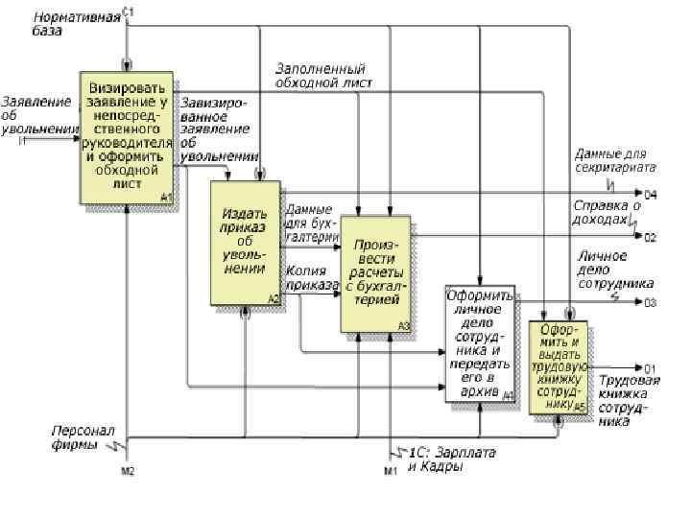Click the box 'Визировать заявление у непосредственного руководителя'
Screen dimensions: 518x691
point(127,136)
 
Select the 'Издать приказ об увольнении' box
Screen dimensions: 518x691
point(246,243)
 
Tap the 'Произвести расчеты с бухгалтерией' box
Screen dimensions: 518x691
point(375,273)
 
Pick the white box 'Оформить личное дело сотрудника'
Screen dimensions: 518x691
point(479,343)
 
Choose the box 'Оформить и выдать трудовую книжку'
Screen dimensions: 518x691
point(559,367)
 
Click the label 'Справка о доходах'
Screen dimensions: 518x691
point(607,212)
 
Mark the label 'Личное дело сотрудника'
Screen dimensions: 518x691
point(614,270)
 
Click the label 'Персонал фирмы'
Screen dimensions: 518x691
point(83,437)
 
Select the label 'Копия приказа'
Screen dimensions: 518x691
point(313,278)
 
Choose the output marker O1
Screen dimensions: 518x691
point(650,368)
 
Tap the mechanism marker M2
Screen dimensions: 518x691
point(128,470)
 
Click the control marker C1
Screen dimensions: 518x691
point(129,11)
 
